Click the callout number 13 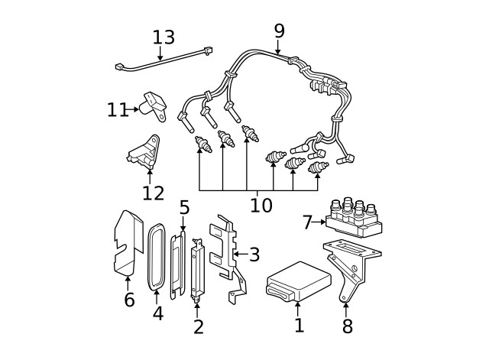pyautogui.click(x=164, y=37)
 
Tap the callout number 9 pyautogui.click(x=279, y=31)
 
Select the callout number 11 pyautogui.click(x=117, y=110)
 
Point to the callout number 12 pyautogui.click(x=153, y=193)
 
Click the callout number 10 pyautogui.click(x=261, y=205)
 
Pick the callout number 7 pyautogui.click(x=307, y=222)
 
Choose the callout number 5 pyautogui.click(x=183, y=207)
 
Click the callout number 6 pyautogui.click(x=129, y=300)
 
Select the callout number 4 pyautogui.click(x=157, y=313)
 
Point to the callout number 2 pyautogui.click(x=199, y=326)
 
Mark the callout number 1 pyautogui.click(x=299, y=325)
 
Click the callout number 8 pyautogui.click(x=347, y=326)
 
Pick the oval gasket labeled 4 pyautogui.click(x=157, y=258)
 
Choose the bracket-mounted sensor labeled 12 pyautogui.click(x=145, y=152)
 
